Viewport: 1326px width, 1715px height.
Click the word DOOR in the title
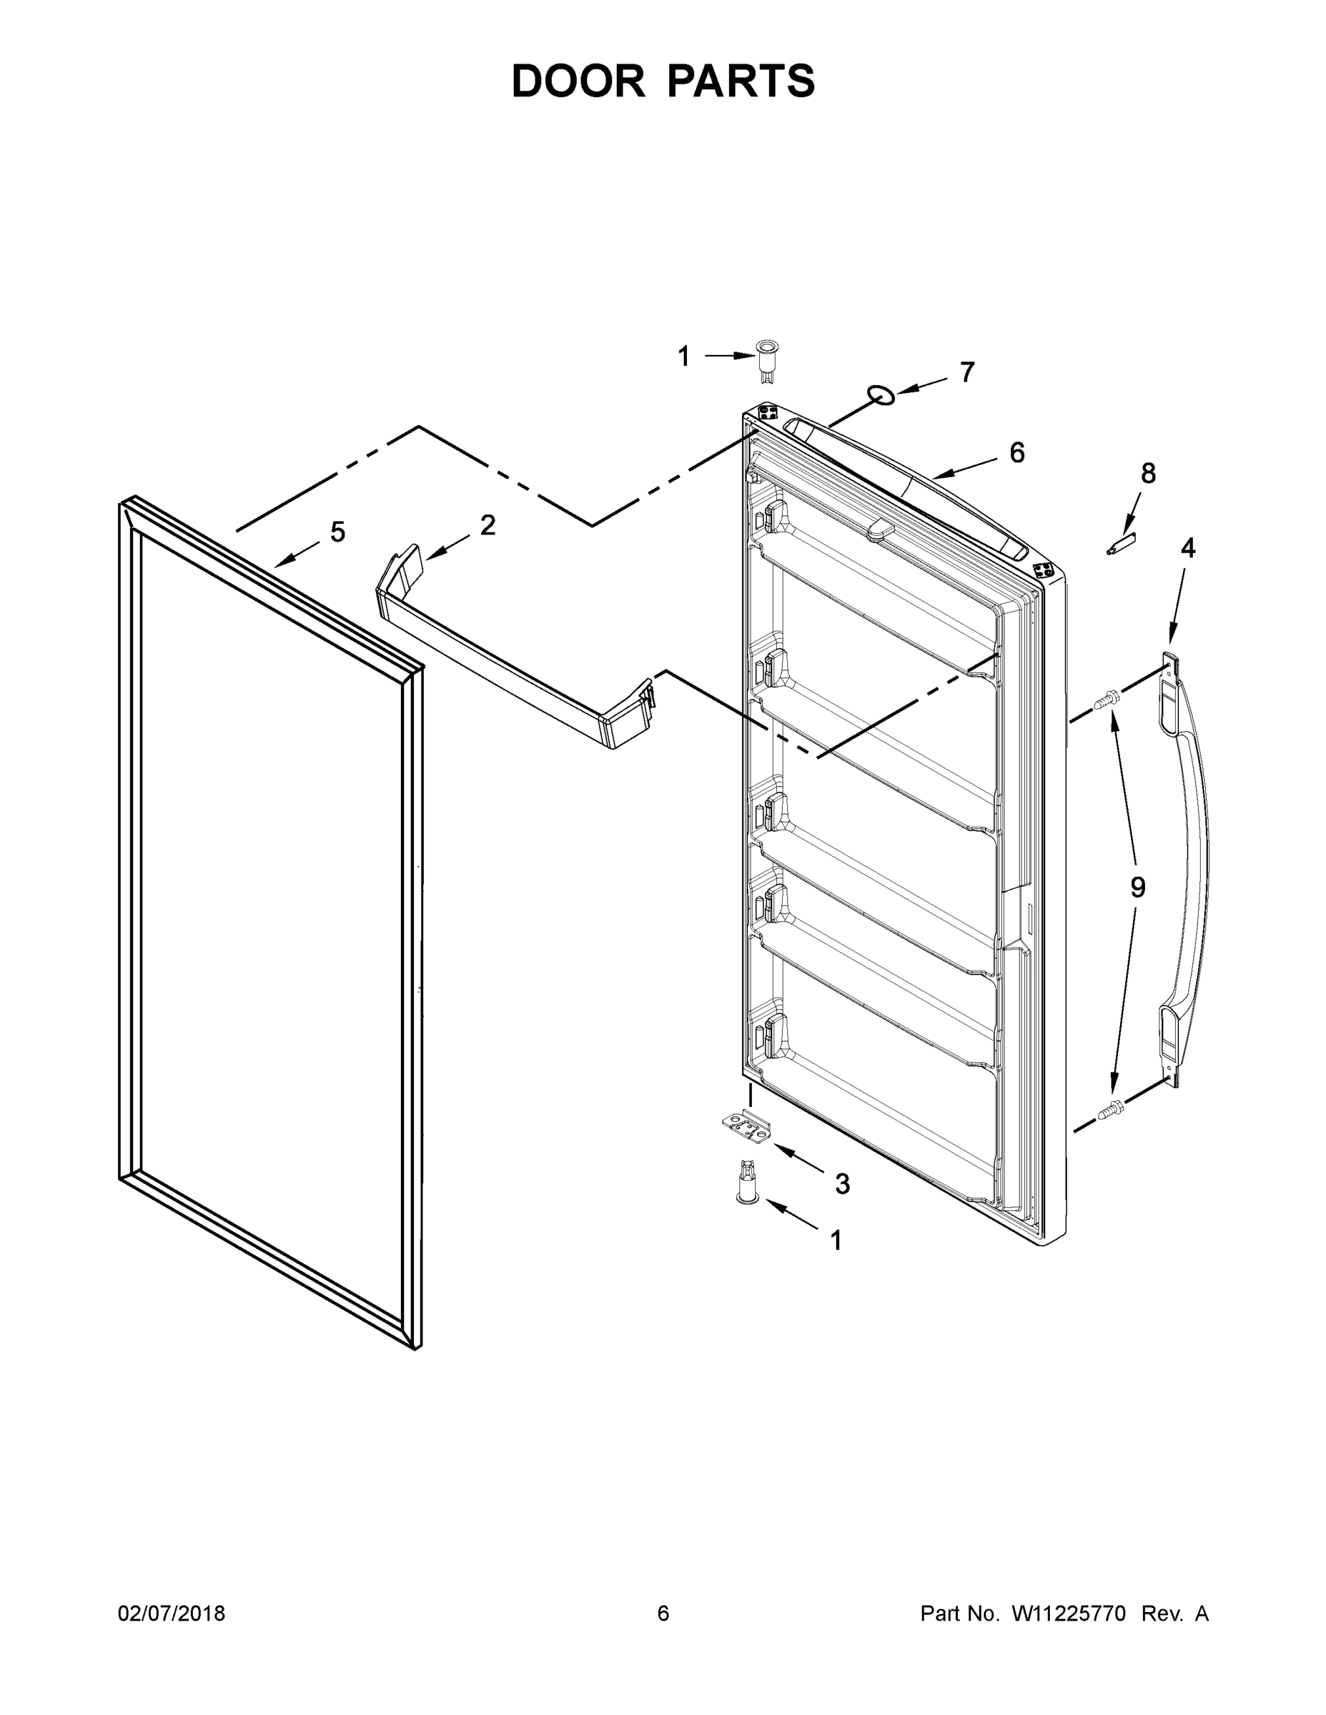point(578,81)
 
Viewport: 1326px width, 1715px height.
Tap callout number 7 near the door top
point(966,372)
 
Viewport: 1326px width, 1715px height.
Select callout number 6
point(1016,452)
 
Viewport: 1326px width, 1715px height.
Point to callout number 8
point(1148,474)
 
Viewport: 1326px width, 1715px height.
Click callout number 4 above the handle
point(1188,548)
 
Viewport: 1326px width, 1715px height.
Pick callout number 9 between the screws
point(1137,888)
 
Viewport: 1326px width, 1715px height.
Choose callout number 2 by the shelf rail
point(488,525)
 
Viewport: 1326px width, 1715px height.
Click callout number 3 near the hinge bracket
point(842,1183)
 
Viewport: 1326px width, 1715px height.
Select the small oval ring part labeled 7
point(881,395)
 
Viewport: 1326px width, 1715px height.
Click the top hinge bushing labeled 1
point(764,360)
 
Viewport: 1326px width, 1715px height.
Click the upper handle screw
point(1107,697)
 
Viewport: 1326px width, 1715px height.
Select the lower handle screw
point(1112,1109)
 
